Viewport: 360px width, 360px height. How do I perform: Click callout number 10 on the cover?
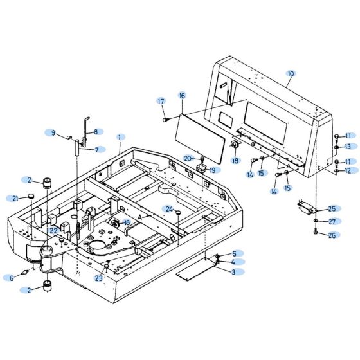click(x=291, y=74)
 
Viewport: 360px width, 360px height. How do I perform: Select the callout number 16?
click(x=182, y=95)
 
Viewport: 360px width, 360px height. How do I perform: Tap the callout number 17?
click(x=161, y=101)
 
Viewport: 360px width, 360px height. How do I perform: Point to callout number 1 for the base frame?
click(x=120, y=137)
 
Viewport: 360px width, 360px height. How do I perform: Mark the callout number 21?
click(x=14, y=197)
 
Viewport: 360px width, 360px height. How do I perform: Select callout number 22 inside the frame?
click(x=54, y=230)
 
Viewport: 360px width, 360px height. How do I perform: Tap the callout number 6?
click(x=10, y=278)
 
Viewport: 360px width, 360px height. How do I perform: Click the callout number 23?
click(x=98, y=278)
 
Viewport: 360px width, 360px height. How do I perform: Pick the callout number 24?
click(x=168, y=210)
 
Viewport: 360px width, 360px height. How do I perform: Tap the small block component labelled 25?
click(x=305, y=208)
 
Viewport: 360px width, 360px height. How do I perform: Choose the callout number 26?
click(x=332, y=235)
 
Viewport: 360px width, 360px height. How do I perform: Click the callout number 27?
click(x=332, y=222)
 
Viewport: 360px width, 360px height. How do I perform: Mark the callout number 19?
click(x=213, y=170)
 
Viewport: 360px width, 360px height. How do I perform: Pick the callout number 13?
click(x=347, y=147)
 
